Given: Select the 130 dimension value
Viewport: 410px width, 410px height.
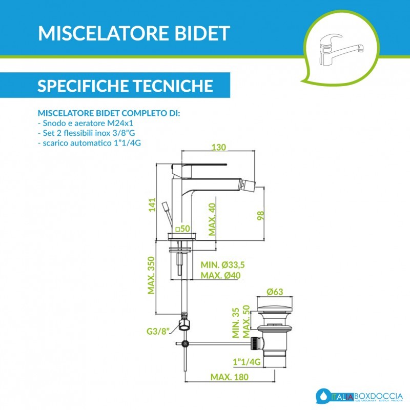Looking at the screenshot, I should (219, 147).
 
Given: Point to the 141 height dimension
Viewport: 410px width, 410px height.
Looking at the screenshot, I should (151, 205).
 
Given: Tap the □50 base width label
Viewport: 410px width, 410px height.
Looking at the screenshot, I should (183, 228).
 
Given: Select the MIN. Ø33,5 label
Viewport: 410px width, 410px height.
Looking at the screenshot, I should (223, 265).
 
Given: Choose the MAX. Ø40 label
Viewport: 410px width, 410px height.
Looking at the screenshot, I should (221, 276).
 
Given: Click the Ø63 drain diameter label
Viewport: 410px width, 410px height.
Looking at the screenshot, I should (275, 292).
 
